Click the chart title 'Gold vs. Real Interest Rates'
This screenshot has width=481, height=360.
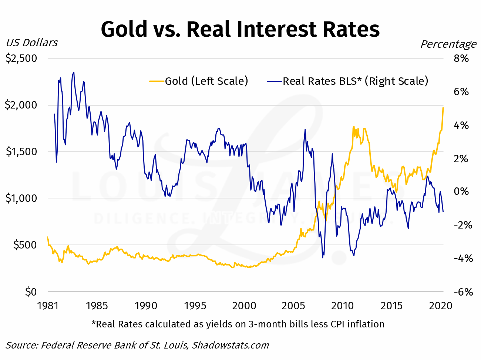pyautogui.click(x=240, y=29)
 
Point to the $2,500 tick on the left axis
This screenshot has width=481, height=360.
pyautogui.click(x=21, y=59)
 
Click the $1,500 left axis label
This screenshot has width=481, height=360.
pyautogui.click(x=21, y=151)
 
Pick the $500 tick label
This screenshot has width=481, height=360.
pyautogui.click(x=25, y=245)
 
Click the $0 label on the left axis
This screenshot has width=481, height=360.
pyautogui.click(x=31, y=292)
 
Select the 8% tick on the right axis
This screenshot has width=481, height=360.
pyautogui.click(x=461, y=59)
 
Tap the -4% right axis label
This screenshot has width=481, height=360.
pyautogui.click(x=463, y=259)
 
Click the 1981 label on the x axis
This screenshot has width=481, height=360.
pyautogui.click(x=48, y=306)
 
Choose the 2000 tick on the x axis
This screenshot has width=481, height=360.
pyautogui.click(x=244, y=306)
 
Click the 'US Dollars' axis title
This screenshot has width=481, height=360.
pyautogui.click(x=32, y=43)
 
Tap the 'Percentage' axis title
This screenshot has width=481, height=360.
pyautogui.click(x=448, y=44)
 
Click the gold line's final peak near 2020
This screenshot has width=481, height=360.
pyautogui.click(x=443, y=108)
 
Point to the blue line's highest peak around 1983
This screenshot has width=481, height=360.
pyautogui.click(x=74, y=73)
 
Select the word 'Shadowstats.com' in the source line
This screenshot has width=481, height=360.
pyautogui.click(x=230, y=345)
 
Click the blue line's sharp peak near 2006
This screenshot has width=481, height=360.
pyautogui.click(x=305, y=130)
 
